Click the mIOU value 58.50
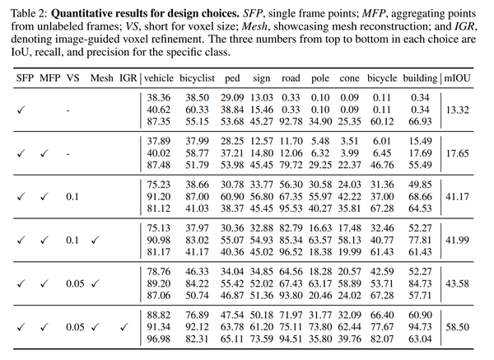click(470, 327)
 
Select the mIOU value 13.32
click(470, 108)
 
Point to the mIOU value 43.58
click(470, 283)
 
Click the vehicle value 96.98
click(158, 338)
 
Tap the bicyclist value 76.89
click(198, 316)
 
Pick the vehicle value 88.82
click(158, 316)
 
